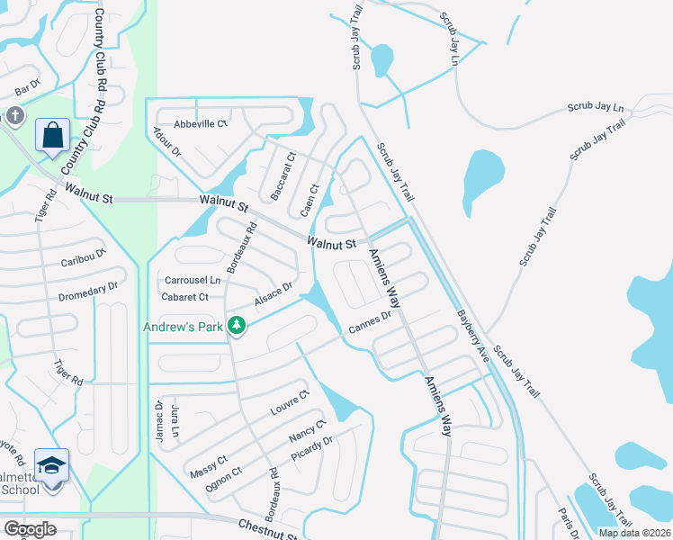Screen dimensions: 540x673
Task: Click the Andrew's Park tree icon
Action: coord(237,325)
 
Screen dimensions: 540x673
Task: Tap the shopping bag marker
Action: coord(53,136)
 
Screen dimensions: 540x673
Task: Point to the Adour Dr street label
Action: coord(167,140)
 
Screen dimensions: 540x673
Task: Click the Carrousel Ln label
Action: coord(191,280)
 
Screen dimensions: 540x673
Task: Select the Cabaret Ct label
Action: coord(184,296)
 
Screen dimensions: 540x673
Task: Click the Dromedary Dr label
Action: coord(89,287)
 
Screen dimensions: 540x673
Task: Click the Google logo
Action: coord(30,529)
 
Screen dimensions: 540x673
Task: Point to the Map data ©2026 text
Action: coord(633,533)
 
